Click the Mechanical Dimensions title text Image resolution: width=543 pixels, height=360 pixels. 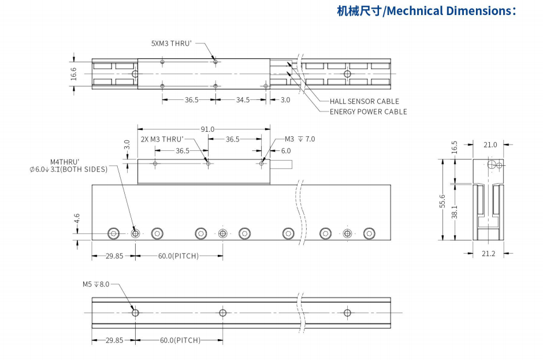point(426,11)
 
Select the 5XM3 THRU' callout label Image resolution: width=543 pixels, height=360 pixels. point(171,43)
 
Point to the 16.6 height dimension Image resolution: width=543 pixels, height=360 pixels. point(73,73)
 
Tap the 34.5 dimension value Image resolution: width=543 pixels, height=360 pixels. point(243,100)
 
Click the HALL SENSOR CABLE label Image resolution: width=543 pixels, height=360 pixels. point(364,102)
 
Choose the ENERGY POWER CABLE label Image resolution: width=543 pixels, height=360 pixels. point(368,112)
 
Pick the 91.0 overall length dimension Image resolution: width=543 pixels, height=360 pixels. point(207,129)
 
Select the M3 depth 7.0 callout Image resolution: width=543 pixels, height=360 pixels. point(300,139)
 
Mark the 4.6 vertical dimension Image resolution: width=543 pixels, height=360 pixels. point(77,218)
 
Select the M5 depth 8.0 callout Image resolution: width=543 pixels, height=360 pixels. point(95,284)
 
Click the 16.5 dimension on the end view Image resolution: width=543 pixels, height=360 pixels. point(454,147)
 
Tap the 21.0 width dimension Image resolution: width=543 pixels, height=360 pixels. point(490,144)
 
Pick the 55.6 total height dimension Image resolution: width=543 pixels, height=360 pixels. point(442,201)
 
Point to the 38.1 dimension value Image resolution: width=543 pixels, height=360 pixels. point(455,212)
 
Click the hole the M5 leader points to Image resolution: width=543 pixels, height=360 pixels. point(135,313)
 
